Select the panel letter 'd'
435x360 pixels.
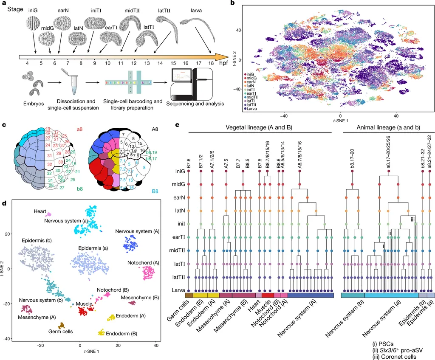4,203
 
